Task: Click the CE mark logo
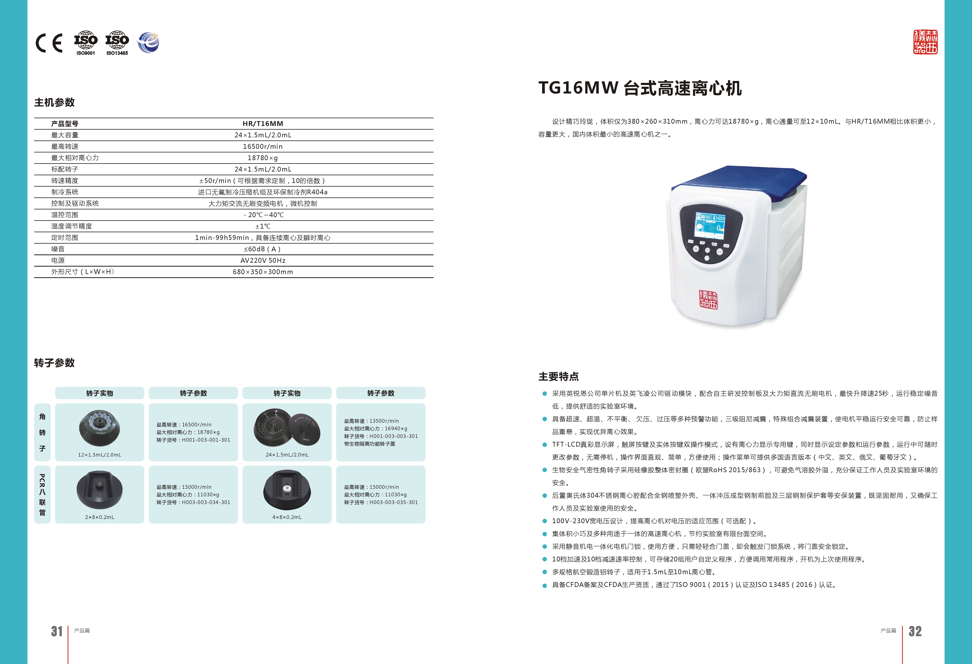click(x=49, y=43)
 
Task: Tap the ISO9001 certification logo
click(x=86, y=43)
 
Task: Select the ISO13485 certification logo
click(x=117, y=43)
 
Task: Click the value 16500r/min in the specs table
click(x=263, y=146)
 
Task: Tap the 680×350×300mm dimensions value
click(x=263, y=272)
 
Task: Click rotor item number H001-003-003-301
click(x=394, y=436)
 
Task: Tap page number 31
click(x=57, y=631)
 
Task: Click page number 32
click(x=915, y=631)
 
